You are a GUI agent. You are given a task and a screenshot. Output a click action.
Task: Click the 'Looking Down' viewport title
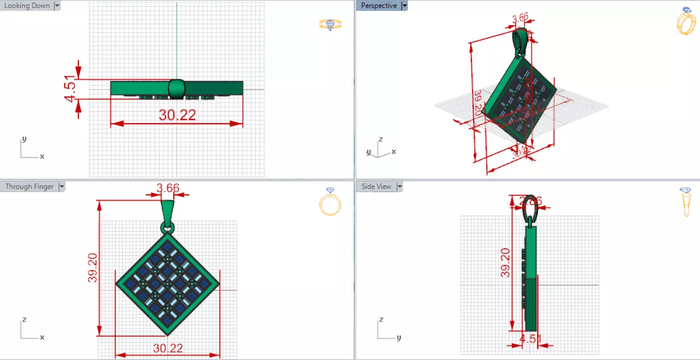click(x=27, y=6)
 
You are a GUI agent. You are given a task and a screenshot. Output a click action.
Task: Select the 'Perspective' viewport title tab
click(x=378, y=6)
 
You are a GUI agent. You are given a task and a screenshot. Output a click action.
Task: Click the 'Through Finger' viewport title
click(x=29, y=186)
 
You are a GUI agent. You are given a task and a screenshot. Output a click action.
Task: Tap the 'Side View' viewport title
click(x=376, y=186)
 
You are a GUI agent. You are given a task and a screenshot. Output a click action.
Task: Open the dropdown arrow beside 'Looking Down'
click(x=57, y=6)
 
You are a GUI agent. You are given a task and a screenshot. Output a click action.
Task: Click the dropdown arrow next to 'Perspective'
click(x=405, y=6)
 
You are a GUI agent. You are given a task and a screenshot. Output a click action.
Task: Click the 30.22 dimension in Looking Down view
click(x=177, y=115)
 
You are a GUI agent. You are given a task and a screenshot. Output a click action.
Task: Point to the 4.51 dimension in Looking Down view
click(x=70, y=89)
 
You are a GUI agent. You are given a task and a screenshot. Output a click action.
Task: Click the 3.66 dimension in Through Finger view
click(x=168, y=188)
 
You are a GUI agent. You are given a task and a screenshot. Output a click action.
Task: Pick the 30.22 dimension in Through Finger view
click(x=167, y=348)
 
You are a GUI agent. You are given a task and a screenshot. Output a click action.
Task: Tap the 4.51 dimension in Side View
click(x=529, y=339)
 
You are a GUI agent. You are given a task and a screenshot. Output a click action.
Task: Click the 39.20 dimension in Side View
click(x=506, y=262)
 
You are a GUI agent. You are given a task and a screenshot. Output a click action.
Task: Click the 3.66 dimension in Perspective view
click(x=520, y=18)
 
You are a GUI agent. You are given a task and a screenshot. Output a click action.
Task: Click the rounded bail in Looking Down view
click(x=176, y=89)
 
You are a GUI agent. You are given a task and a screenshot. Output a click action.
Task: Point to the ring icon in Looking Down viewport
click(x=330, y=25)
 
